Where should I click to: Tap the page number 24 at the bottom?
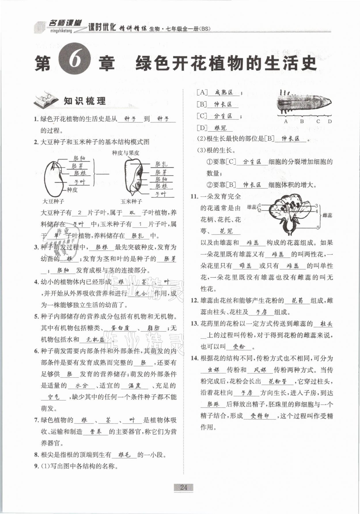point(183,487)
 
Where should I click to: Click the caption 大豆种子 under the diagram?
point(53,201)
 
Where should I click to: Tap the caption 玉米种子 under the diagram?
point(131,201)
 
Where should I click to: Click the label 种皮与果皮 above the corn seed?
point(126,153)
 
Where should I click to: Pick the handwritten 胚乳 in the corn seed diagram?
point(161,164)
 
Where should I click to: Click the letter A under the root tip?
point(286,121)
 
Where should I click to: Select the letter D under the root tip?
point(330,121)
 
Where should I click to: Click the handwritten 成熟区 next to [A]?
point(224,92)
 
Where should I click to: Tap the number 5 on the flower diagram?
point(318,228)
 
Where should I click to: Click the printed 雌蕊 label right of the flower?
point(327,215)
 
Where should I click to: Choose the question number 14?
point(194,358)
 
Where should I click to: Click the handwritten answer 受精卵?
point(260,416)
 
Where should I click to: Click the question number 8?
point(36,455)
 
